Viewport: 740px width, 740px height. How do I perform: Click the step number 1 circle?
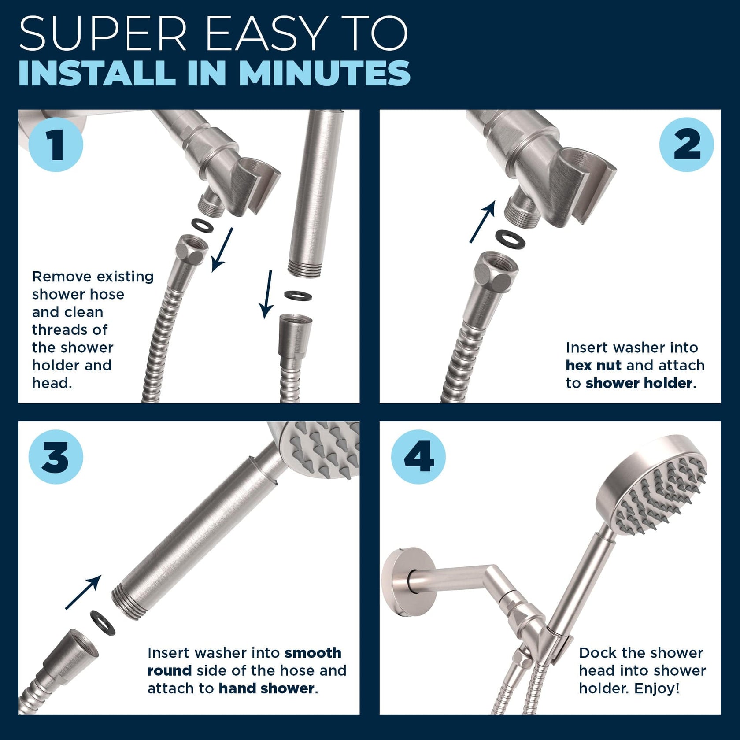tap(56, 144)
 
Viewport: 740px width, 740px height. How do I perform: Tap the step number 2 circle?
tap(686, 144)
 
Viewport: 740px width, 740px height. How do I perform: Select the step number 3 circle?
tap(56, 457)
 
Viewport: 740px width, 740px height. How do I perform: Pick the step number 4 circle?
tap(418, 457)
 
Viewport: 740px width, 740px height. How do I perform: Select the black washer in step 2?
tap(511, 239)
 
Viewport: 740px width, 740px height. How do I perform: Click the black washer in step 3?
tap(102, 622)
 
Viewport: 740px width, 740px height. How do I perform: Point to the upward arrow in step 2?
tap(483, 222)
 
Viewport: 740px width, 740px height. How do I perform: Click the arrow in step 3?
tap(83, 592)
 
